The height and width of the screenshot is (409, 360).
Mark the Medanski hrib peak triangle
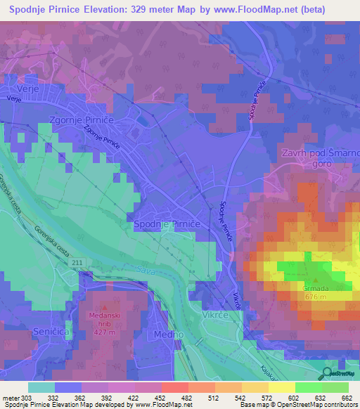(x=105, y=306)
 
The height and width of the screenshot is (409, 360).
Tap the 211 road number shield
(x=77, y=262)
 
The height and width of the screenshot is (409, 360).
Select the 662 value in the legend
(x=347, y=397)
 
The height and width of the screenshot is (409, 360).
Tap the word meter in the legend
(x=9, y=397)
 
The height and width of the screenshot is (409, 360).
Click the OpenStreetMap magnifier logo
(x=328, y=373)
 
